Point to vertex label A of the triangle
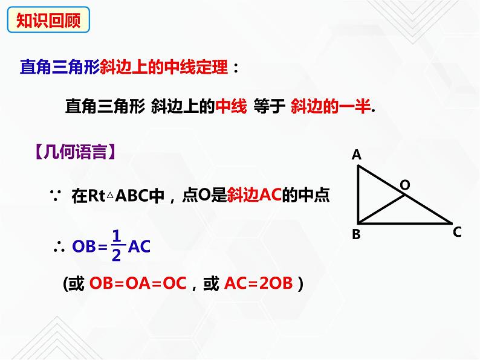pos(357,155)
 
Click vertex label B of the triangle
pos(356,234)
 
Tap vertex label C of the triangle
pos(457,231)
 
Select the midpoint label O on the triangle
pos(405,184)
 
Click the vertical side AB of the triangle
pos(358,193)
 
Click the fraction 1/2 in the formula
pos(117,246)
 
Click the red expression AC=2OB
pos(258,283)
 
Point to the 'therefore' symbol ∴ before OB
pos(59,246)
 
